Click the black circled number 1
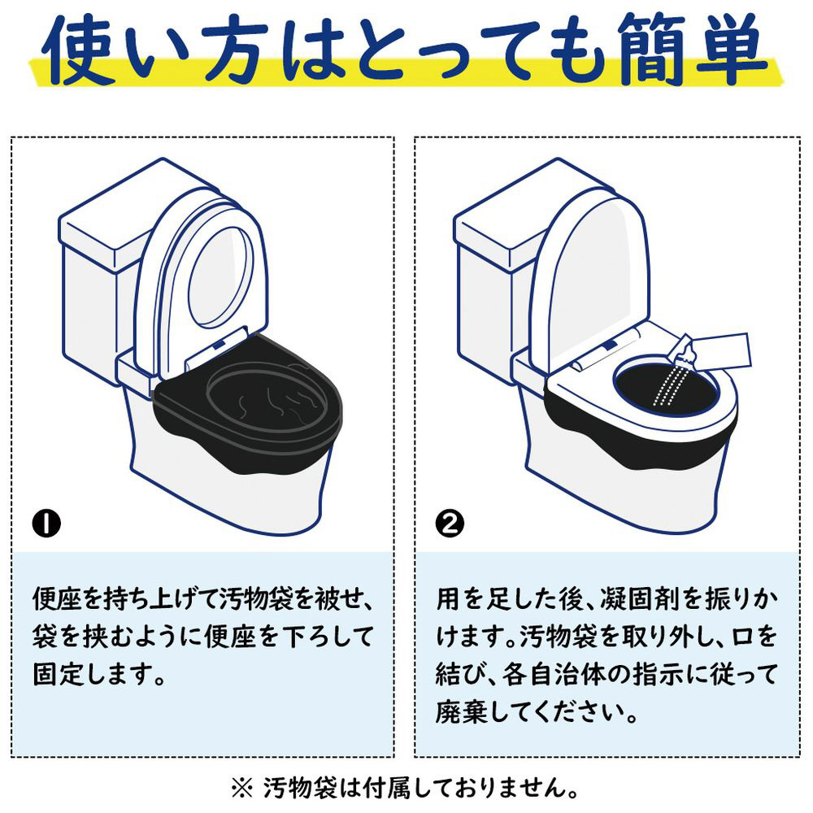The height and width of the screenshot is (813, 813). (46, 524)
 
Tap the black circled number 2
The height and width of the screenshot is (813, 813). (450, 524)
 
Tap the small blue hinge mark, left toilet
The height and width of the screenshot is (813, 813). (219, 343)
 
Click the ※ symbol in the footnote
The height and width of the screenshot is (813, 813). (241, 789)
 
